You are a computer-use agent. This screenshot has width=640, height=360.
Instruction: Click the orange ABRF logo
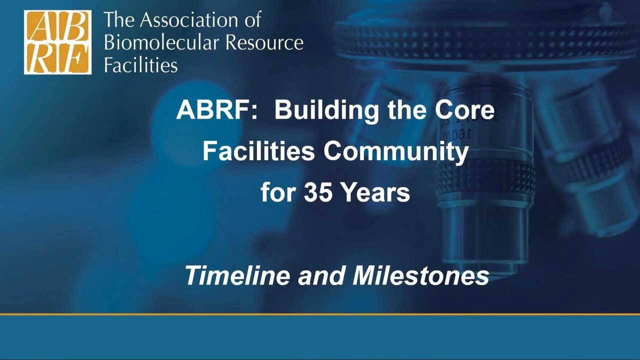pos(57,42)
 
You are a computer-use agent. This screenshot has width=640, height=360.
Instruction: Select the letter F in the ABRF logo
pos(74,58)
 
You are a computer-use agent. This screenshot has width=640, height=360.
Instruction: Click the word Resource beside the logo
pos(264,43)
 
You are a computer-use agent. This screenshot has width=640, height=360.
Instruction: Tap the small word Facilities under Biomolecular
pos(140,65)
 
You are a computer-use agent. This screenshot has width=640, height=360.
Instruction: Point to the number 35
pos(318,192)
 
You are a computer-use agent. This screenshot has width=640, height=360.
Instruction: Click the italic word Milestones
pos(420,275)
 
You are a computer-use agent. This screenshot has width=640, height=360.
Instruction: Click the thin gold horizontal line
pos(320,314)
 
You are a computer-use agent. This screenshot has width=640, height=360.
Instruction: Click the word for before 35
pos(277,192)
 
